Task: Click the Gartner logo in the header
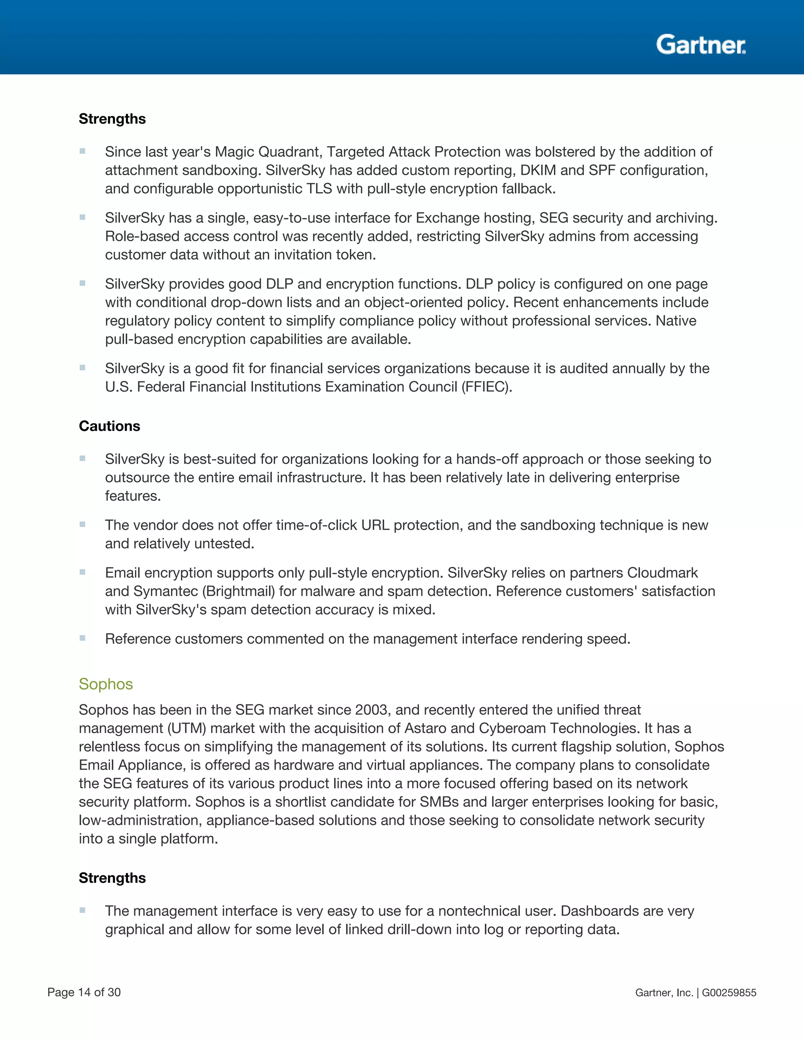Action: (x=701, y=45)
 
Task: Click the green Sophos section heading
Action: (x=106, y=684)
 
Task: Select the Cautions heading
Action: (x=110, y=426)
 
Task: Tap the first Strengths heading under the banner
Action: (x=112, y=119)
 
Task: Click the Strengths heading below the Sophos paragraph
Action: (x=112, y=878)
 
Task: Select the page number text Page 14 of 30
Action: (x=84, y=992)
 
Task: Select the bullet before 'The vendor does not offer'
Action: (x=82, y=524)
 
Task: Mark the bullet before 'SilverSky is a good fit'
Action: (x=82, y=368)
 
